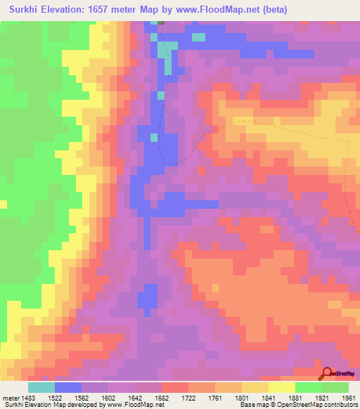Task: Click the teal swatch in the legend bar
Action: coord(41,387)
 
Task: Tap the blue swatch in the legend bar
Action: coord(68,387)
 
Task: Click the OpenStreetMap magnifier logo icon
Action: coord(327,374)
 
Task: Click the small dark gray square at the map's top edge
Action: coord(160,22)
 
